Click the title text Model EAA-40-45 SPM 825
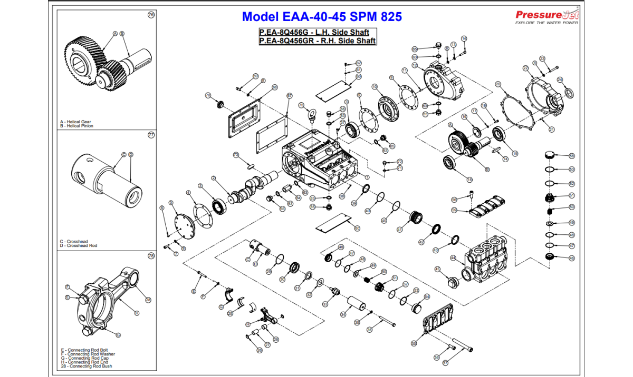[x=322, y=17]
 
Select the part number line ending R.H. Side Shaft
[x=317, y=41]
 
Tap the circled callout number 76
[x=151, y=15]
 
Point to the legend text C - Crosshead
[x=74, y=242]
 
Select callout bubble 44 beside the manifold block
[x=453, y=257]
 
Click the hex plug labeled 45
[x=452, y=281]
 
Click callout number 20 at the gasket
[x=498, y=84]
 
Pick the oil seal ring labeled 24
[x=569, y=94]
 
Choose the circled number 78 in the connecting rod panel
[x=151, y=256]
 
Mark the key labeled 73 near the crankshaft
[x=251, y=165]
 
